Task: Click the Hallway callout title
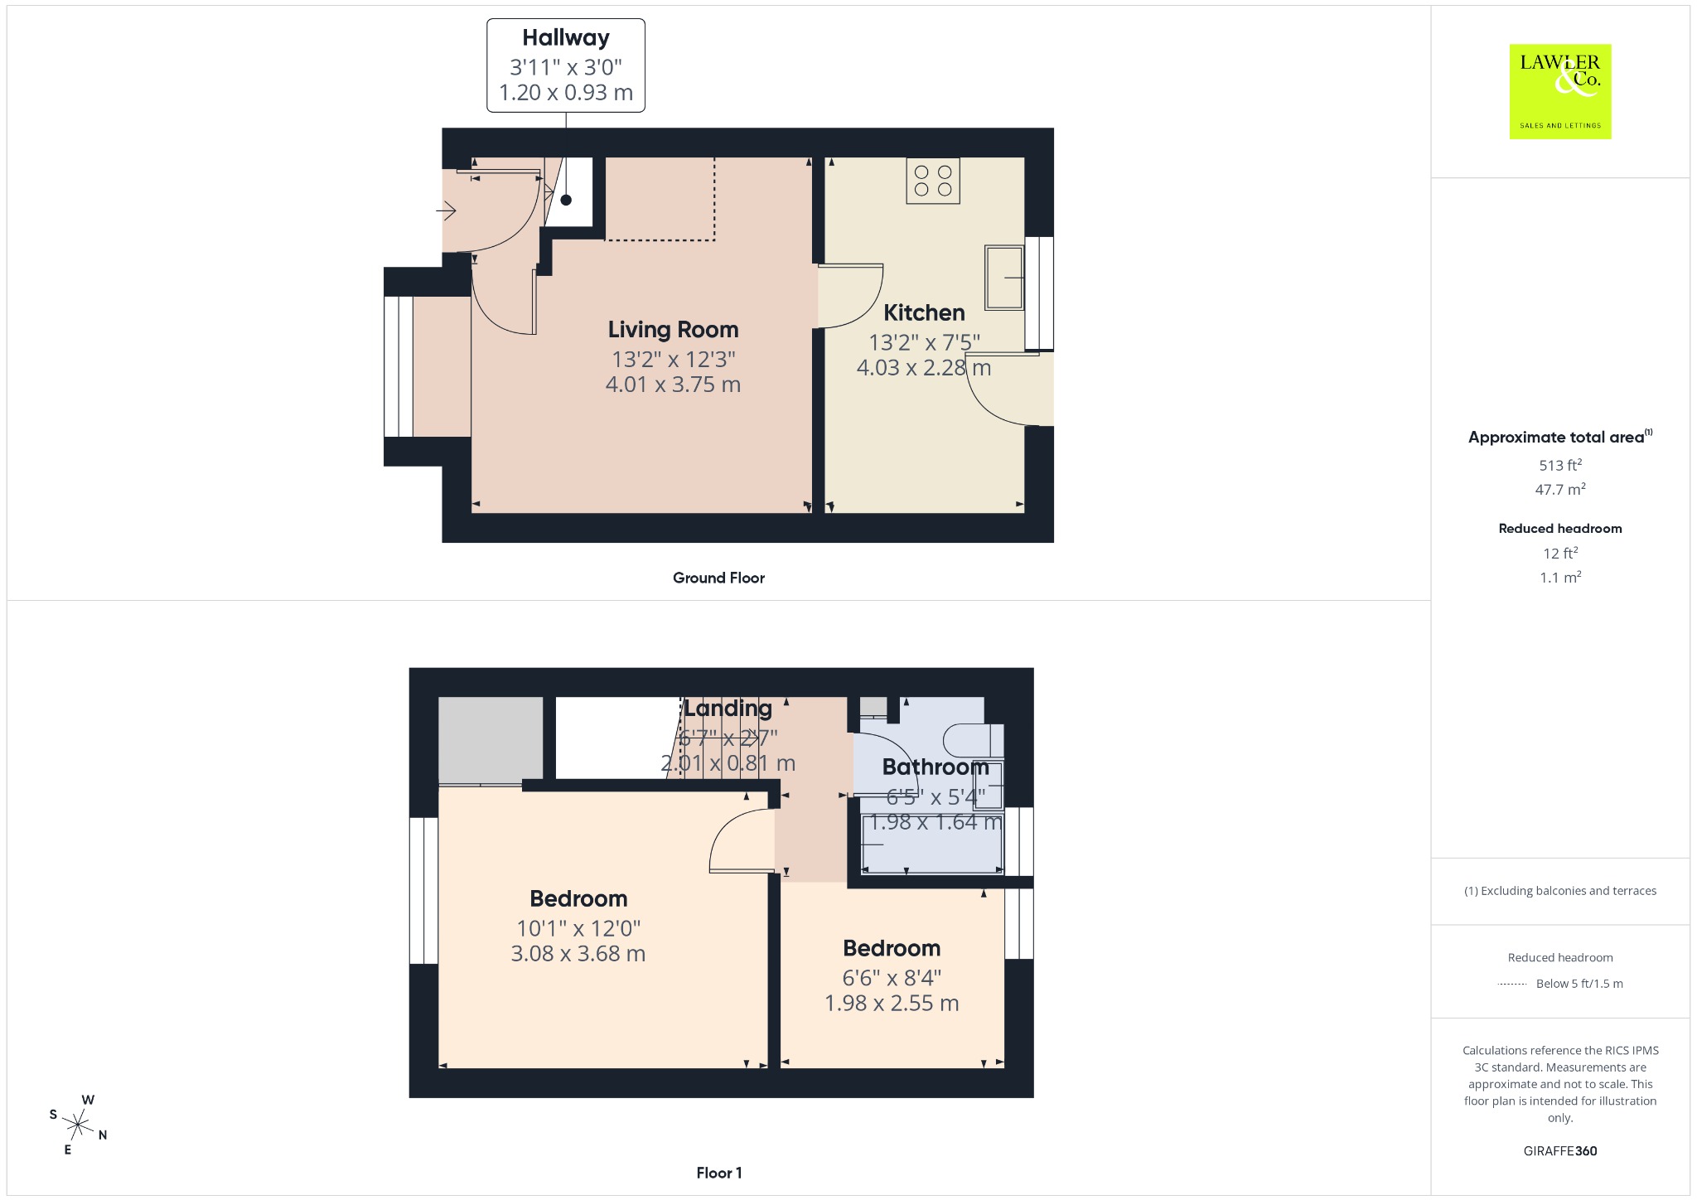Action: tap(566, 38)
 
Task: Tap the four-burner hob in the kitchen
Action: tap(933, 181)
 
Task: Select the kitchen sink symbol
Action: tap(1004, 277)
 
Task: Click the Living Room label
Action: tap(673, 330)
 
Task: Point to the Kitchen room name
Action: tap(924, 313)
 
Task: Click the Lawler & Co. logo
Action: tap(1560, 91)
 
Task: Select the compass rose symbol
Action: tap(79, 1125)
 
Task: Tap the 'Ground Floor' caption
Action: tap(718, 578)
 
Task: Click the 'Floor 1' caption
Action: tap(719, 1173)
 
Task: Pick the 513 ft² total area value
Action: tap(1560, 465)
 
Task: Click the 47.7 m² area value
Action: tap(1560, 489)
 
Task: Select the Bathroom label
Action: tap(936, 767)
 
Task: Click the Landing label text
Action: tap(728, 709)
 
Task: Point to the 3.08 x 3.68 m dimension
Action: tap(578, 954)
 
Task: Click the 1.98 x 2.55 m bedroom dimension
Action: tap(892, 1004)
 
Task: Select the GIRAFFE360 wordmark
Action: tap(1560, 1151)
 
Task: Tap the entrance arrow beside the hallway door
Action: tap(446, 211)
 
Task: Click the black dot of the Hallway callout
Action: tap(566, 200)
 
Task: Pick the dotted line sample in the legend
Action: tap(1512, 985)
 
